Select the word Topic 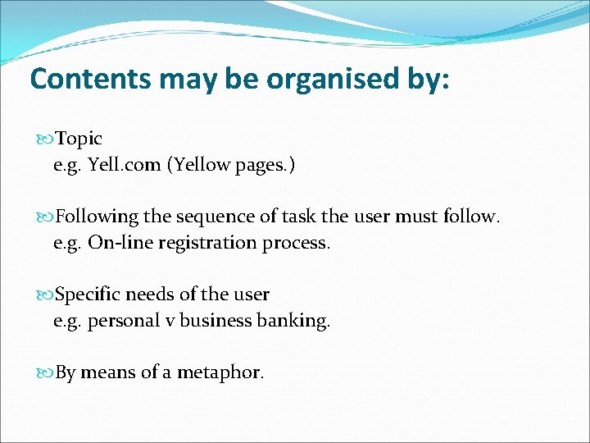tap(79, 139)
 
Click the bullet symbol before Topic tap(45, 139)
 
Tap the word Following tap(97, 217)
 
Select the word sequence tap(211, 217)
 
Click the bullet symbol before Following tap(45, 217)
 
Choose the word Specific tap(88, 294)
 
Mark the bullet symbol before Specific tap(45, 295)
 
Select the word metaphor tap(221, 372)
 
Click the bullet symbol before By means tap(45, 373)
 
